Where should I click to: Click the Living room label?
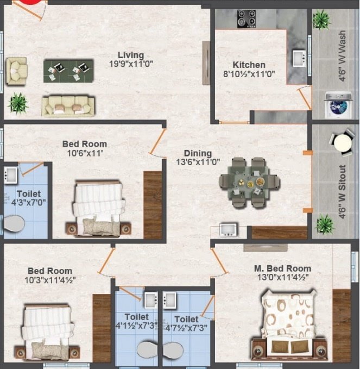[130, 55]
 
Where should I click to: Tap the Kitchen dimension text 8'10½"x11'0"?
[249, 74]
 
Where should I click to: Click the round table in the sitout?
[342, 143]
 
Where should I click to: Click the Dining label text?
[197, 153]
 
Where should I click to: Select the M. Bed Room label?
[282, 268]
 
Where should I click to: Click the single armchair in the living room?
[17, 71]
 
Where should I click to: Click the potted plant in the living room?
[18, 103]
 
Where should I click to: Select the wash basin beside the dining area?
[228, 230]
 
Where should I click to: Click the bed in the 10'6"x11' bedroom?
[98, 209]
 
